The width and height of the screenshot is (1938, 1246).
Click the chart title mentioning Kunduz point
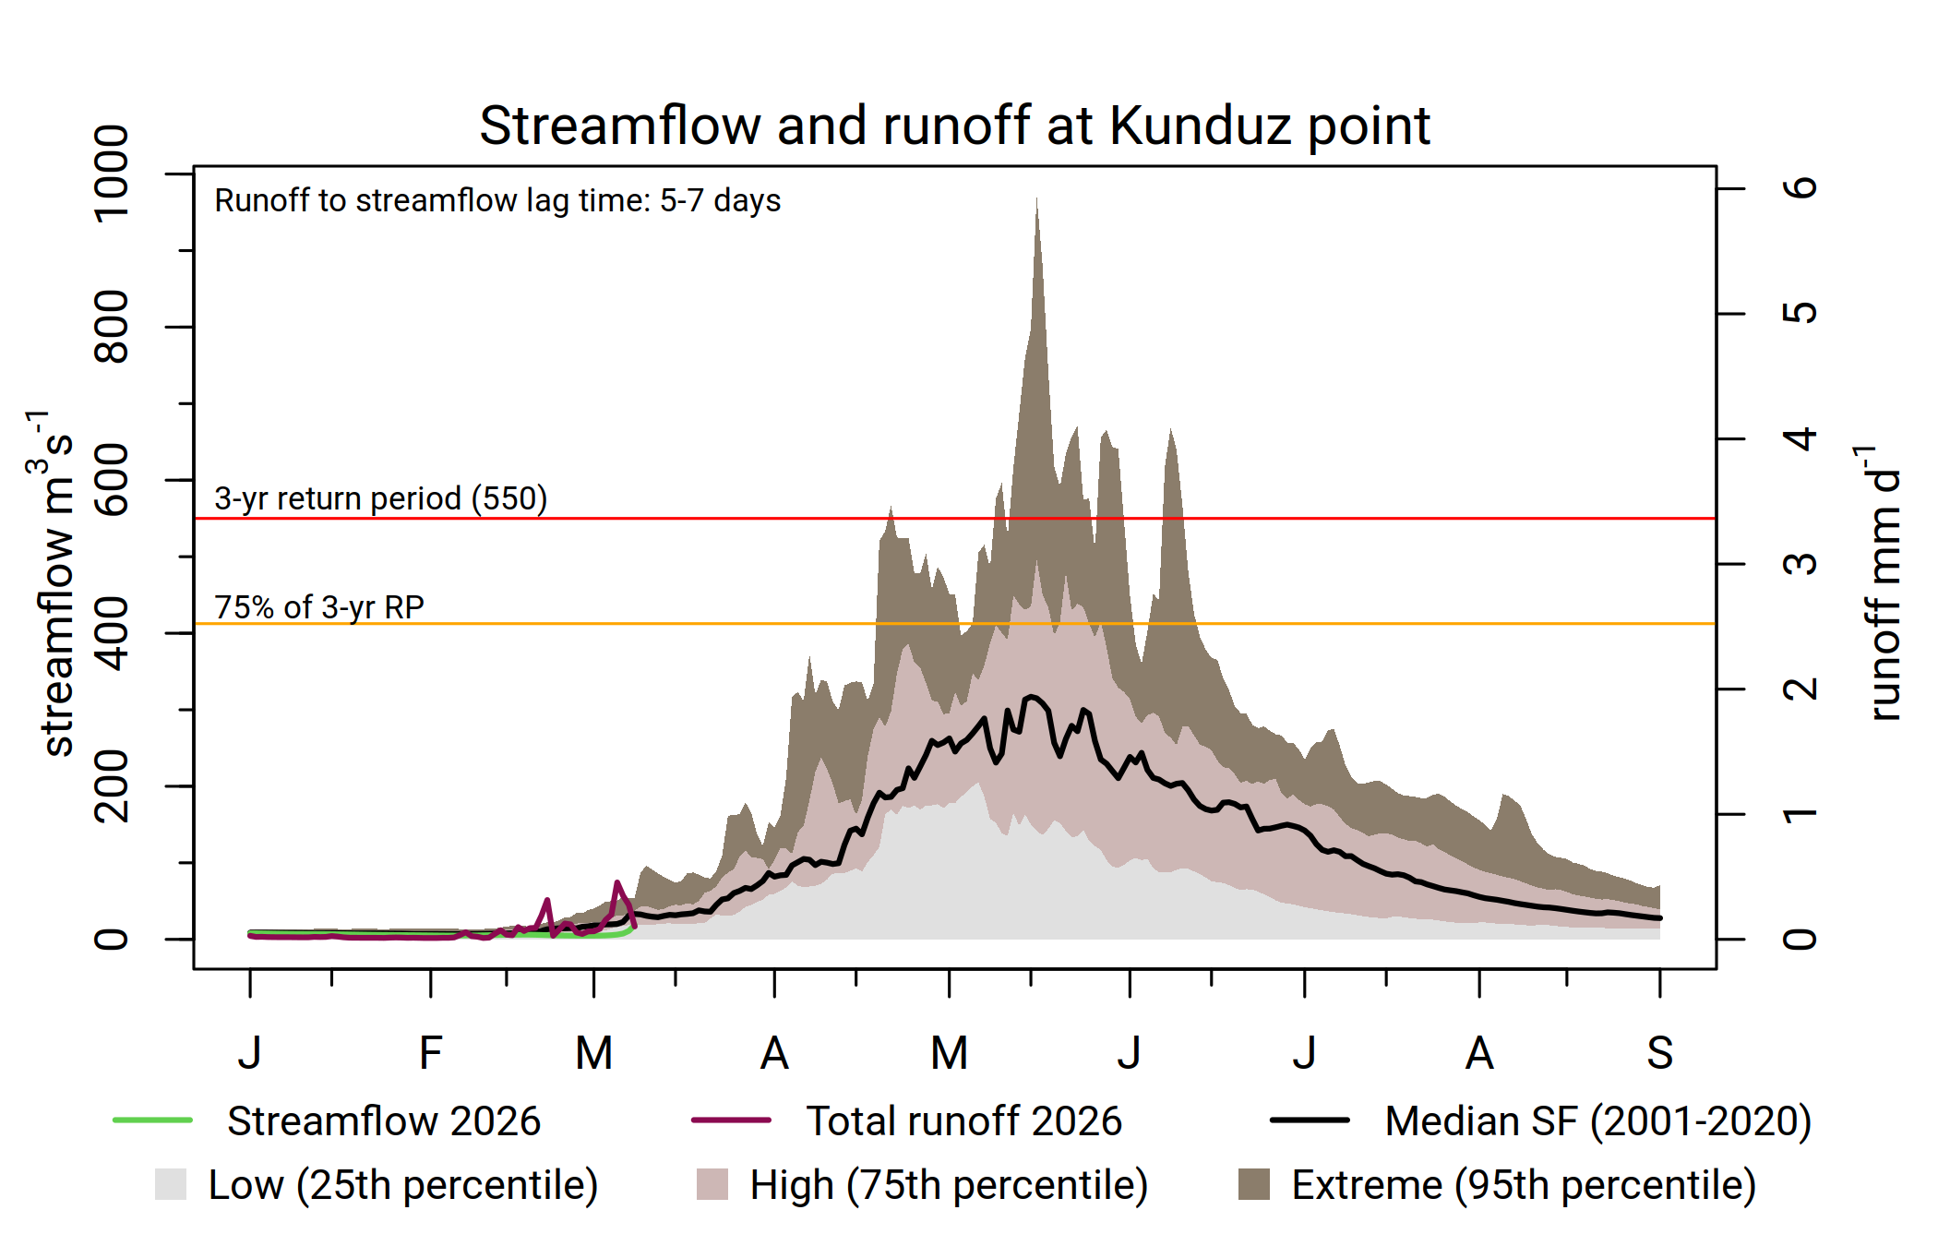click(x=954, y=126)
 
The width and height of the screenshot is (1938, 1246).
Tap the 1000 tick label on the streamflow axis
click(x=112, y=174)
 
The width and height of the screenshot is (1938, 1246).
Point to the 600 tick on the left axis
click(x=112, y=480)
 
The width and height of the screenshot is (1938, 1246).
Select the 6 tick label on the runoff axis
click(x=1800, y=188)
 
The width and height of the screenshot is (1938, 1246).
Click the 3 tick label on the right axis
click(x=1800, y=564)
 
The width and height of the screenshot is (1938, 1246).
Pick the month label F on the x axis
click(x=430, y=1053)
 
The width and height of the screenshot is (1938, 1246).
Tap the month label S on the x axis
click(x=1659, y=1053)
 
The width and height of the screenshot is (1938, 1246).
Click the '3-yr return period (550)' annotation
click(x=380, y=498)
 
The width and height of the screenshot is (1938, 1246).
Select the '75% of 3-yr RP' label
click(x=319, y=607)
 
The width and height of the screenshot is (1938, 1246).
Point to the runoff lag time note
click(x=497, y=200)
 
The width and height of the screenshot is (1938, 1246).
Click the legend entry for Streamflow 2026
click(x=383, y=1121)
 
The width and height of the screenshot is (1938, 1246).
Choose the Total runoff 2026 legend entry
click(x=963, y=1121)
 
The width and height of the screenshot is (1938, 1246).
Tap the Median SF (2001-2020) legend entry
click(x=1597, y=1121)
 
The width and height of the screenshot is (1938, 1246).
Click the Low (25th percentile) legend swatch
click(x=171, y=1184)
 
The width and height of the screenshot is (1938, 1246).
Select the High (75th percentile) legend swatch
click(x=712, y=1184)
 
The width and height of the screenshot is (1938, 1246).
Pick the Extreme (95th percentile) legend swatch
click(x=1253, y=1184)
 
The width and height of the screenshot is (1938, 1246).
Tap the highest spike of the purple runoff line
click(x=617, y=883)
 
